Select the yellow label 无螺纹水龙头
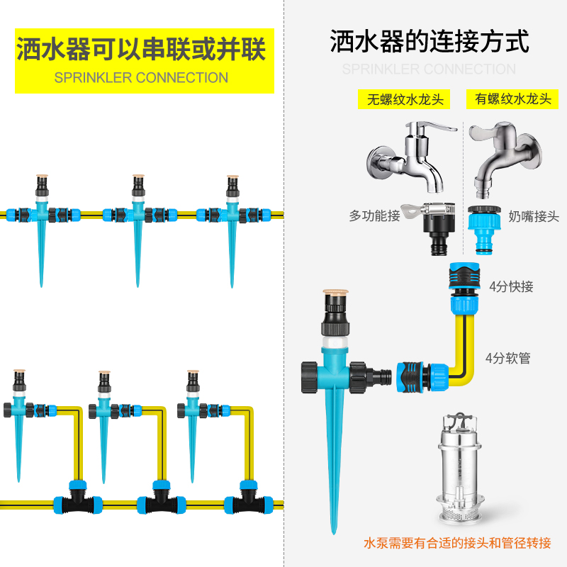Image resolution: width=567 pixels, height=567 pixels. (405, 99)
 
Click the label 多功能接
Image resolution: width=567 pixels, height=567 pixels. (374, 215)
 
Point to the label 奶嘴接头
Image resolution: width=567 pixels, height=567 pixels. (534, 216)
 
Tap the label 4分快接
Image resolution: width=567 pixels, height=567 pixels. (511, 286)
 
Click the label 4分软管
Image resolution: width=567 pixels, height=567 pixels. (508, 358)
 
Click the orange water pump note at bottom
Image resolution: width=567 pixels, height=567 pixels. (456, 544)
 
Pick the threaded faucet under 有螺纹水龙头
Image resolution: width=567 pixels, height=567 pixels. (507, 159)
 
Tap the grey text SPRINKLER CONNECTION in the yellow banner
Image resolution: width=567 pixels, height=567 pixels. (141, 78)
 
